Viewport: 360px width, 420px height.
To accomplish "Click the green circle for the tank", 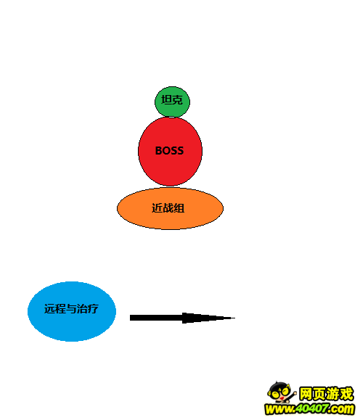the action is (x=172, y=102).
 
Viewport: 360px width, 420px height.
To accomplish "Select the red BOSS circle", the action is (x=171, y=151).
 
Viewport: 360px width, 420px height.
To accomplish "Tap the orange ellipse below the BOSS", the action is (x=171, y=208).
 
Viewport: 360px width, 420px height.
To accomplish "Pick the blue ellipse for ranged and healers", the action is (x=72, y=311).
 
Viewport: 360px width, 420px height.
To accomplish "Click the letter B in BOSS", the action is (x=159, y=151).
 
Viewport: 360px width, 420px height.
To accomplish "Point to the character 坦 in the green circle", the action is (x=166, y=100).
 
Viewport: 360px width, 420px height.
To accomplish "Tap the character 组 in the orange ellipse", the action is (x=179, y=208).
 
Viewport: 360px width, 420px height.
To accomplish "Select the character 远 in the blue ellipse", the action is (x=49, y=308).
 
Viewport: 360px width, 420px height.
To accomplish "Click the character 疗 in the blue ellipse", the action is (x=93, y=308).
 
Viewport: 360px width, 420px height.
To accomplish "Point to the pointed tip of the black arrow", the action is (x=235, y=318).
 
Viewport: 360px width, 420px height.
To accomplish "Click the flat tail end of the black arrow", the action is (x=130, y=318).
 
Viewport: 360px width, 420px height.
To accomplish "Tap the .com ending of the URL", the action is (x=340, y=409).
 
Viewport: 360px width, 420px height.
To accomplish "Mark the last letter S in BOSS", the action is (x=181, y=151).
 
